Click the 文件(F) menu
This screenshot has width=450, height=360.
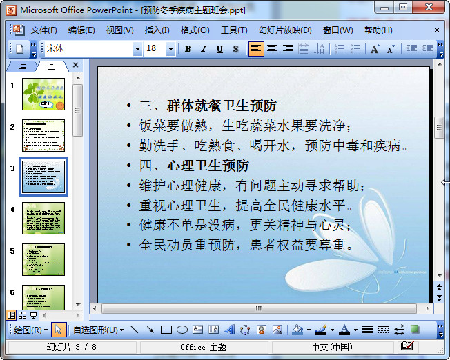(x=43, y=30)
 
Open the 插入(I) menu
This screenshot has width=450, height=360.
(x=157, y=30)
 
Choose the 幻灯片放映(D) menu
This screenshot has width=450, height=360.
(x=284, y=30)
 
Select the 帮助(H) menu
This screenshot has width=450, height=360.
(x=378, y=30)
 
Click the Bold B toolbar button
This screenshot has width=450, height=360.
(x=188, y=49)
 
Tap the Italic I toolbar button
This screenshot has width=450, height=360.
(x=204, y=49)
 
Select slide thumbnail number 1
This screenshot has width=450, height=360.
(x=43, y=94)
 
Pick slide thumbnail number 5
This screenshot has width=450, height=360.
(x=43, y=259)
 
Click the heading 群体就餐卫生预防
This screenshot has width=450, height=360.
(x=221, y=106)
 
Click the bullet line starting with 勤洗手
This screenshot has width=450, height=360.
(x=274, y=146)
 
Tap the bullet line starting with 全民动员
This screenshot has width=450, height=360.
(x=246, y=245)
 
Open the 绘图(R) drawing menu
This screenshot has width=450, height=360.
(x=30, y=330)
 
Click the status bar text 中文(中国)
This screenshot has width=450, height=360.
(x=331, y=346)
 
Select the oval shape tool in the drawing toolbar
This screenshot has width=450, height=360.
(x=182, y=330)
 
